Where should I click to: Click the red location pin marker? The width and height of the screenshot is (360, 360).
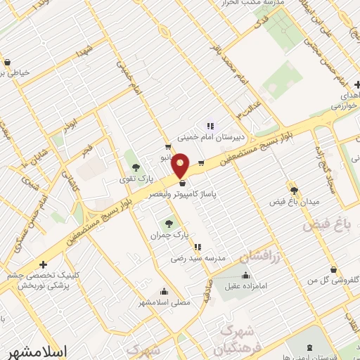point(181,165)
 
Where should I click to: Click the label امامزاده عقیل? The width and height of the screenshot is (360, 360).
point(245,286)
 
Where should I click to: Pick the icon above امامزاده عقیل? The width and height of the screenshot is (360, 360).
point(245,275)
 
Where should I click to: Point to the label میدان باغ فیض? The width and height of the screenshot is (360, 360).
point(294,202)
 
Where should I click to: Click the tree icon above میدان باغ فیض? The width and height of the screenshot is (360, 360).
point(294,190)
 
